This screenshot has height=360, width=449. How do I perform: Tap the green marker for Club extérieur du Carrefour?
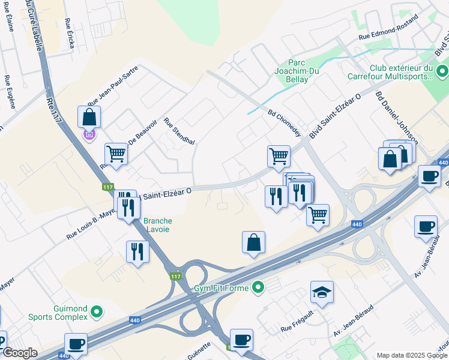click(x=441, y=72)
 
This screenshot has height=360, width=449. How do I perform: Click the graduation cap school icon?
click(x=322, y=292)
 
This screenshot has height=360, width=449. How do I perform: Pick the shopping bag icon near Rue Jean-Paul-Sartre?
click(x=89, y=116)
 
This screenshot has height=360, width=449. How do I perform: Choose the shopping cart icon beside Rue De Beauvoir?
click(x=116, y=153)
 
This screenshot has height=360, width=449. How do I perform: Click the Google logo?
click(x=19, y=353)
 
